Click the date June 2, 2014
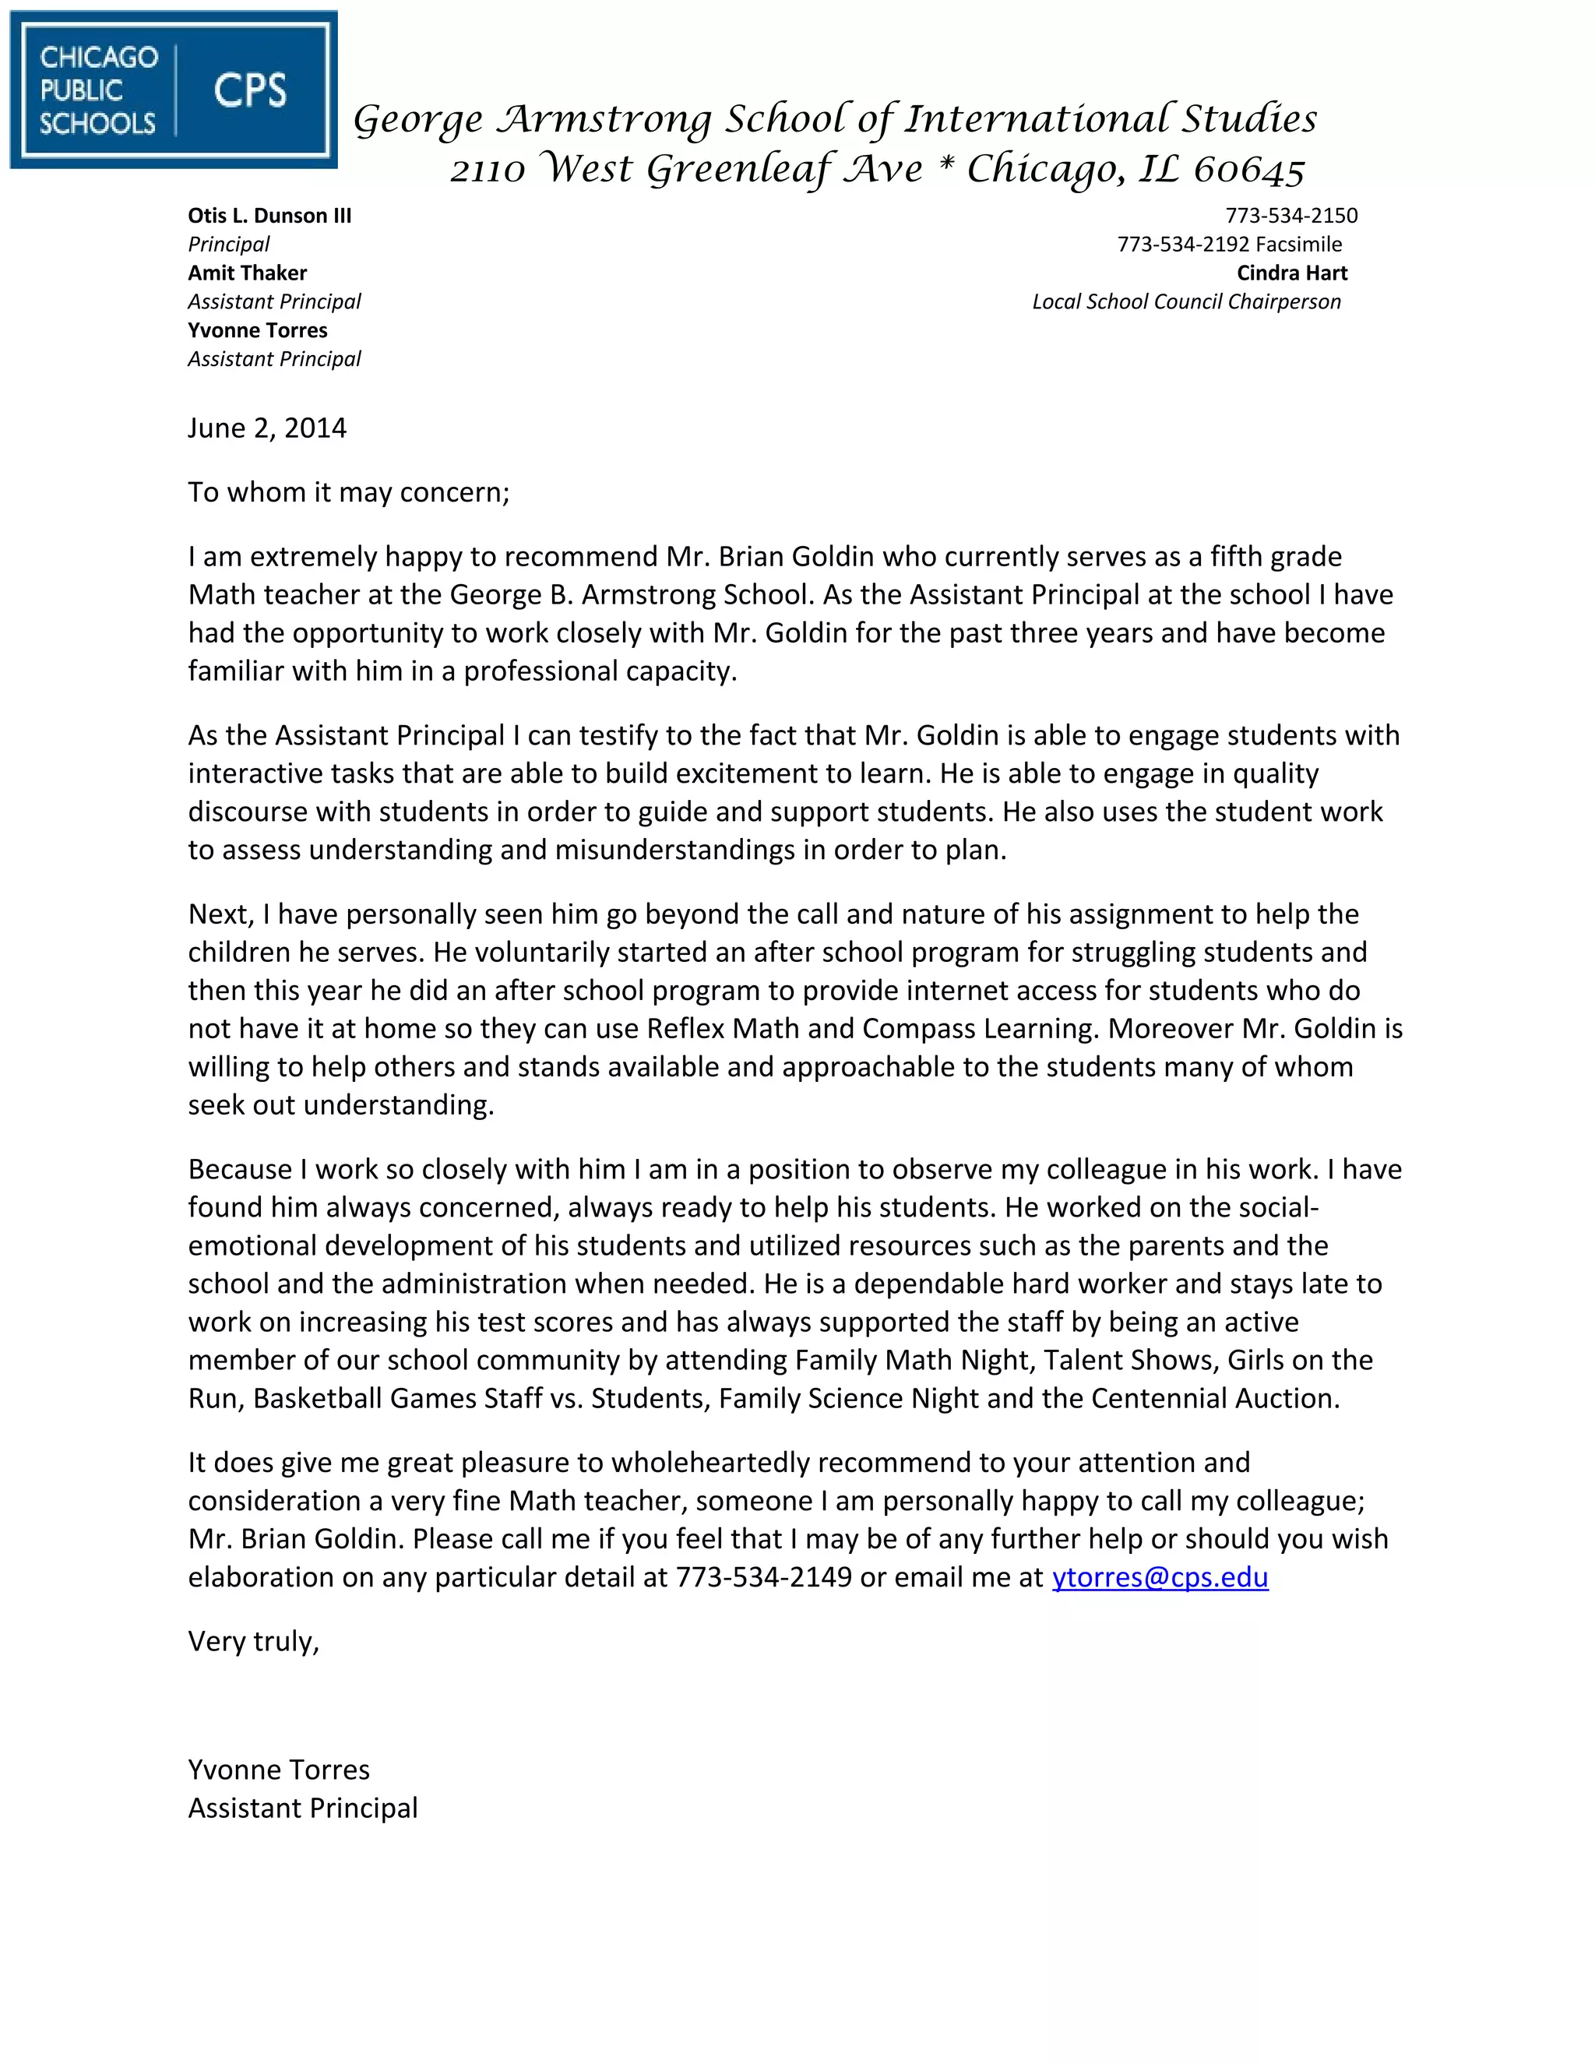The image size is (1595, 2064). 267,428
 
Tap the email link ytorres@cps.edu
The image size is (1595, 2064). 1160,1576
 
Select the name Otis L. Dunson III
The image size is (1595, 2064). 269,216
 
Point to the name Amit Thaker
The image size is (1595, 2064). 248,273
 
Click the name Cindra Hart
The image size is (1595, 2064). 1292,273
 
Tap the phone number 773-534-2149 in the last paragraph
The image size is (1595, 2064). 763,1576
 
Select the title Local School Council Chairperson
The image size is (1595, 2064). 1186,301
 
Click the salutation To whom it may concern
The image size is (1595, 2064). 349,492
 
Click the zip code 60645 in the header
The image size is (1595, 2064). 1249,170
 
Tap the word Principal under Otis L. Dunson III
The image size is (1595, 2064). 229,245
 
